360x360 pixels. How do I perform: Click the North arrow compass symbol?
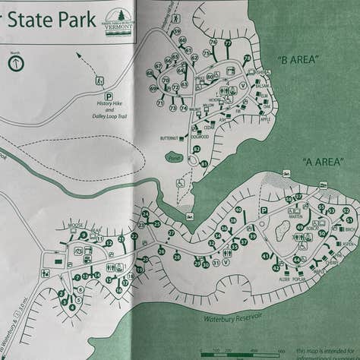[16, 64]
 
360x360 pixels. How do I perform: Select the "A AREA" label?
[321, 162]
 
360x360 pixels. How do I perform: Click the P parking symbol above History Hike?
[109, 96]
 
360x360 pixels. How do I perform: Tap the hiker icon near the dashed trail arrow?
[99, 80]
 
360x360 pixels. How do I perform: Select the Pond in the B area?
[173, 158]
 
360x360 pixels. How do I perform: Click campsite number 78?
[247, 58]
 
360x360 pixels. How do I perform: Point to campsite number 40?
[238, 210]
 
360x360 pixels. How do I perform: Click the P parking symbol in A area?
[264, 210]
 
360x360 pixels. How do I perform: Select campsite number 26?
[161, 251]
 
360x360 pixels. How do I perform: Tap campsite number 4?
[72, 307]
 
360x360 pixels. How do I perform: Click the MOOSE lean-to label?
[74, 226]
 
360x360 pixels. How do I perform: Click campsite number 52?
[346, 211]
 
